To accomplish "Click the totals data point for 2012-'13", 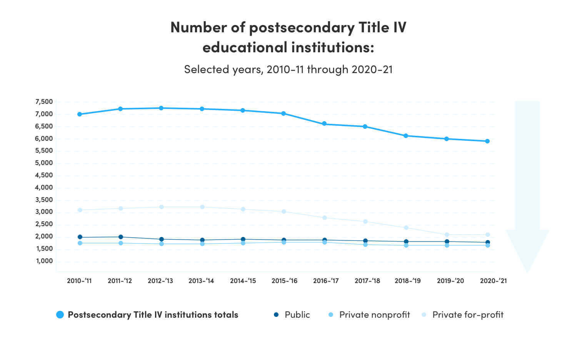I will tap(161, 108).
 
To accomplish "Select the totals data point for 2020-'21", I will tap(487, 141).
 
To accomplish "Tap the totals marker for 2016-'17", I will tap(324, 124).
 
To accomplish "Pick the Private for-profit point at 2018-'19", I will tap(406, 228).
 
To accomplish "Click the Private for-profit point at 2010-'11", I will tap(80, 210).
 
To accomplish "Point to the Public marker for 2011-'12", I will tap(120, 237).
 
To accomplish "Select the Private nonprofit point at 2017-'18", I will tap(365, 245).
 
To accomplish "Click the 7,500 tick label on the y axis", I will tap(44, 102).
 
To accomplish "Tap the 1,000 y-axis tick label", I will tap(44, 261).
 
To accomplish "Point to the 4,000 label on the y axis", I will tap(44, 188).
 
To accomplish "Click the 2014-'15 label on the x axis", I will tap(243, 281).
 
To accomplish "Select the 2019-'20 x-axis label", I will tap(450, 281).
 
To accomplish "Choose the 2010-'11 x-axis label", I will tap(79, 281).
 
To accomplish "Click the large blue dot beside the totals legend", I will tap(60, 315).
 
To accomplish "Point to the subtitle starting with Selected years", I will tap(288, 69).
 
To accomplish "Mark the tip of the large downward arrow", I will tap(527, 272).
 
